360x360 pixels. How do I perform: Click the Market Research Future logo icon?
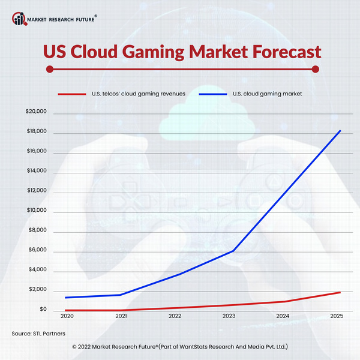[x=19, y=19]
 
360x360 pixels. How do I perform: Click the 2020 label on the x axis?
[x=67, y=316]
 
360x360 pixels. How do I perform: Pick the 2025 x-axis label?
[x=335, y=316]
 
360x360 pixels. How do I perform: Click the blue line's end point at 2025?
[x=341, y=131]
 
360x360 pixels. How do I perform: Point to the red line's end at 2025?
[x=341, y=292]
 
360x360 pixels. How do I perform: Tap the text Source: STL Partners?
[x=38, y=332]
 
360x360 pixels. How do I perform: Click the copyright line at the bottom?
[x=179, y=347]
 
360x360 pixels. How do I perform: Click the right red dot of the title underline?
[x=316, y=69]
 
